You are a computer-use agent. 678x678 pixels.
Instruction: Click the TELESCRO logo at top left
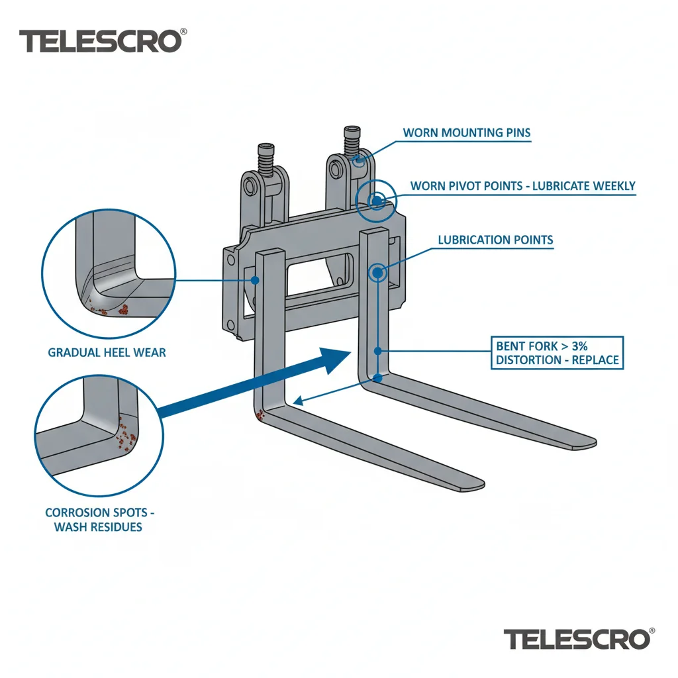[103, 41]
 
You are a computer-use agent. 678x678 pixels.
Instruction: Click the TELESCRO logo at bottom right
[579, 639]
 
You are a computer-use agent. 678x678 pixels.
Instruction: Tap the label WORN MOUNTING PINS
[467, 132]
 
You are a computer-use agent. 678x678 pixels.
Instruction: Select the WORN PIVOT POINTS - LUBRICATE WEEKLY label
[523, 186]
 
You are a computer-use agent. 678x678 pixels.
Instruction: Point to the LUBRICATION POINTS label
[495, 240]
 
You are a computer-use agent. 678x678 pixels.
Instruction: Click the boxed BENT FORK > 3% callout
[557, 353]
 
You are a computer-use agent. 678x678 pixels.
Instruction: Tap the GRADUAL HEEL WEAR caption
[107, 352]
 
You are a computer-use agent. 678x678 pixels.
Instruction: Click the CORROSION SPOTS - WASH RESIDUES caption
[99, 520]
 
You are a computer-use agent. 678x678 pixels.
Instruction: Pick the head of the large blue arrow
[334, 360]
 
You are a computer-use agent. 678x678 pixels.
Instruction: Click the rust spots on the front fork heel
[260, 415]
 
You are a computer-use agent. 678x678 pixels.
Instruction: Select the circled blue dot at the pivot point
[377, 201]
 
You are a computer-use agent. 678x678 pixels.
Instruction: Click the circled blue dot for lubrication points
[377, 273]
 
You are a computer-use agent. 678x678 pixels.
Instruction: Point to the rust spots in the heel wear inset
[111, 307]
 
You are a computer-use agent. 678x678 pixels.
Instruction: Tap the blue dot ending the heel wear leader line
[255, 281]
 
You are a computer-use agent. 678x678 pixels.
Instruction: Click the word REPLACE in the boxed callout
[595, 360]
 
